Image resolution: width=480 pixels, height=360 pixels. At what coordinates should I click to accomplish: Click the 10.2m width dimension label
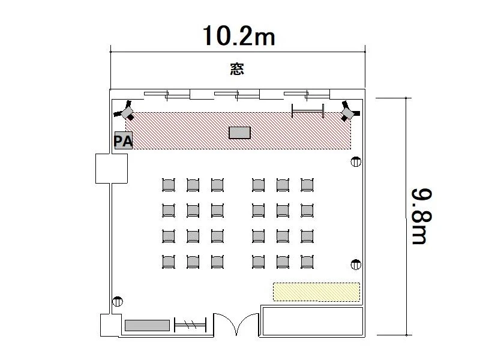pyautogui.click(x=239, y=36)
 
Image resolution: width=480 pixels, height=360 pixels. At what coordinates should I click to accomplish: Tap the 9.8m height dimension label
pyautogui.click(x=422, y=216)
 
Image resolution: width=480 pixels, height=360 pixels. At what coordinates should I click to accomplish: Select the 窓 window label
pyautogui.click(x=237, y=69)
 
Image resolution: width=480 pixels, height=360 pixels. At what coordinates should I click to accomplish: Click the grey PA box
pyautogui.click(x=124, y=140)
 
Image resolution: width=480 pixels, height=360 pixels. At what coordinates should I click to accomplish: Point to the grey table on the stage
pyautogui.click(x=239, y=133)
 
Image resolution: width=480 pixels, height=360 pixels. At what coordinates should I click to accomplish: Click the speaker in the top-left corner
pyautogui.click(x=125, y=111)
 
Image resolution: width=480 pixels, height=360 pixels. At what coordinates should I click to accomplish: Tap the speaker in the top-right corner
pyautogui.click(x=349, y=112)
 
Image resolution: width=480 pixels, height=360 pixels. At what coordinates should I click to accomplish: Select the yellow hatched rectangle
pyautogui.click(x=316, y=292)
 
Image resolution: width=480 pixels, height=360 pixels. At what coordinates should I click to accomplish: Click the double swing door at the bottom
pyautogui.click(x=236, y=325)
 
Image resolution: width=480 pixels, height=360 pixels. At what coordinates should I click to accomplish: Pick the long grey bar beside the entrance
pyautogui.click(x=147, y=325)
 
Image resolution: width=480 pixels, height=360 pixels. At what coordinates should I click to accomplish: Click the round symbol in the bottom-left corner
pyautogui.click(x=118, y=302)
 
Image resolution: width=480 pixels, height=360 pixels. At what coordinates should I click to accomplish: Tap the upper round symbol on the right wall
pyautogui.click(x=356, y=161)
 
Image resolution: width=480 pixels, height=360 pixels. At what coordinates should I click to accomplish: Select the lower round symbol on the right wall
pyautogui.click(x=356, y=265)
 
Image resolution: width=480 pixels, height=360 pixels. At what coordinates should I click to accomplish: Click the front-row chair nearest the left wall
pyautogui.click(x=169, y=185)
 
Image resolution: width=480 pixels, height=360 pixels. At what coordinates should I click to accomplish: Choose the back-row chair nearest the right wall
pyautogui.click(x=307, y=262)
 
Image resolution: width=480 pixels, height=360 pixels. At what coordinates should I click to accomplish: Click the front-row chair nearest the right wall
pyautogui.click(x=307, y=185)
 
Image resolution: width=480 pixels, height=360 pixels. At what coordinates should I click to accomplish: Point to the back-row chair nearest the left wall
pyautogui.click(x=169, y=262)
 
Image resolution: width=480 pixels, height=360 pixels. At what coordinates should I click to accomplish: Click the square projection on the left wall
pyautogui.click(x=112, y=169)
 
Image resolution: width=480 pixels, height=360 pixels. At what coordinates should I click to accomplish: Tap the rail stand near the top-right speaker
pyautogui.click(x=308, y=111)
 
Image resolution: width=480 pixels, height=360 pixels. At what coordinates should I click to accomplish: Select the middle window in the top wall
pyautogui.click(x=237, y=95)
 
